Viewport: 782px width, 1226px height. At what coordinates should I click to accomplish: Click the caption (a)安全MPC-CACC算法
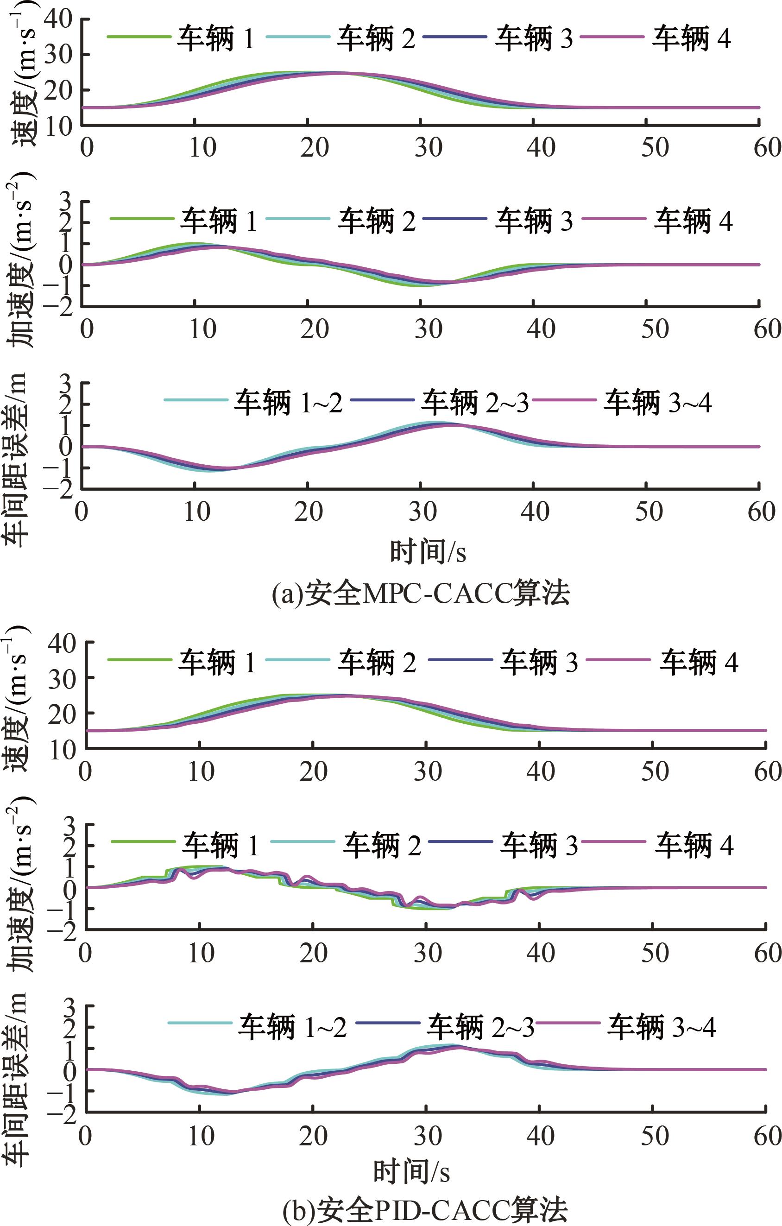pos(421,594)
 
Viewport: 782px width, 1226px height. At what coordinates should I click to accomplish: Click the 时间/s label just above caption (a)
pos(428,552)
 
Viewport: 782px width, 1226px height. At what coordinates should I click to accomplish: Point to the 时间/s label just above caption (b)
pos(411,1169)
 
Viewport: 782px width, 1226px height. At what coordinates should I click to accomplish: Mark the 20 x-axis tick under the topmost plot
pos(314,147)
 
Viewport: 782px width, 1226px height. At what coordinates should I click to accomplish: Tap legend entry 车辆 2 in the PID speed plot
pos(376,663)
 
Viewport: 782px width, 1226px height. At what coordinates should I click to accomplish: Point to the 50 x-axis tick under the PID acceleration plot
pos(654,954)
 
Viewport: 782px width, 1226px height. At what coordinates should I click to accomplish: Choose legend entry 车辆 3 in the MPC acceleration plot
pos(534,221)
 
